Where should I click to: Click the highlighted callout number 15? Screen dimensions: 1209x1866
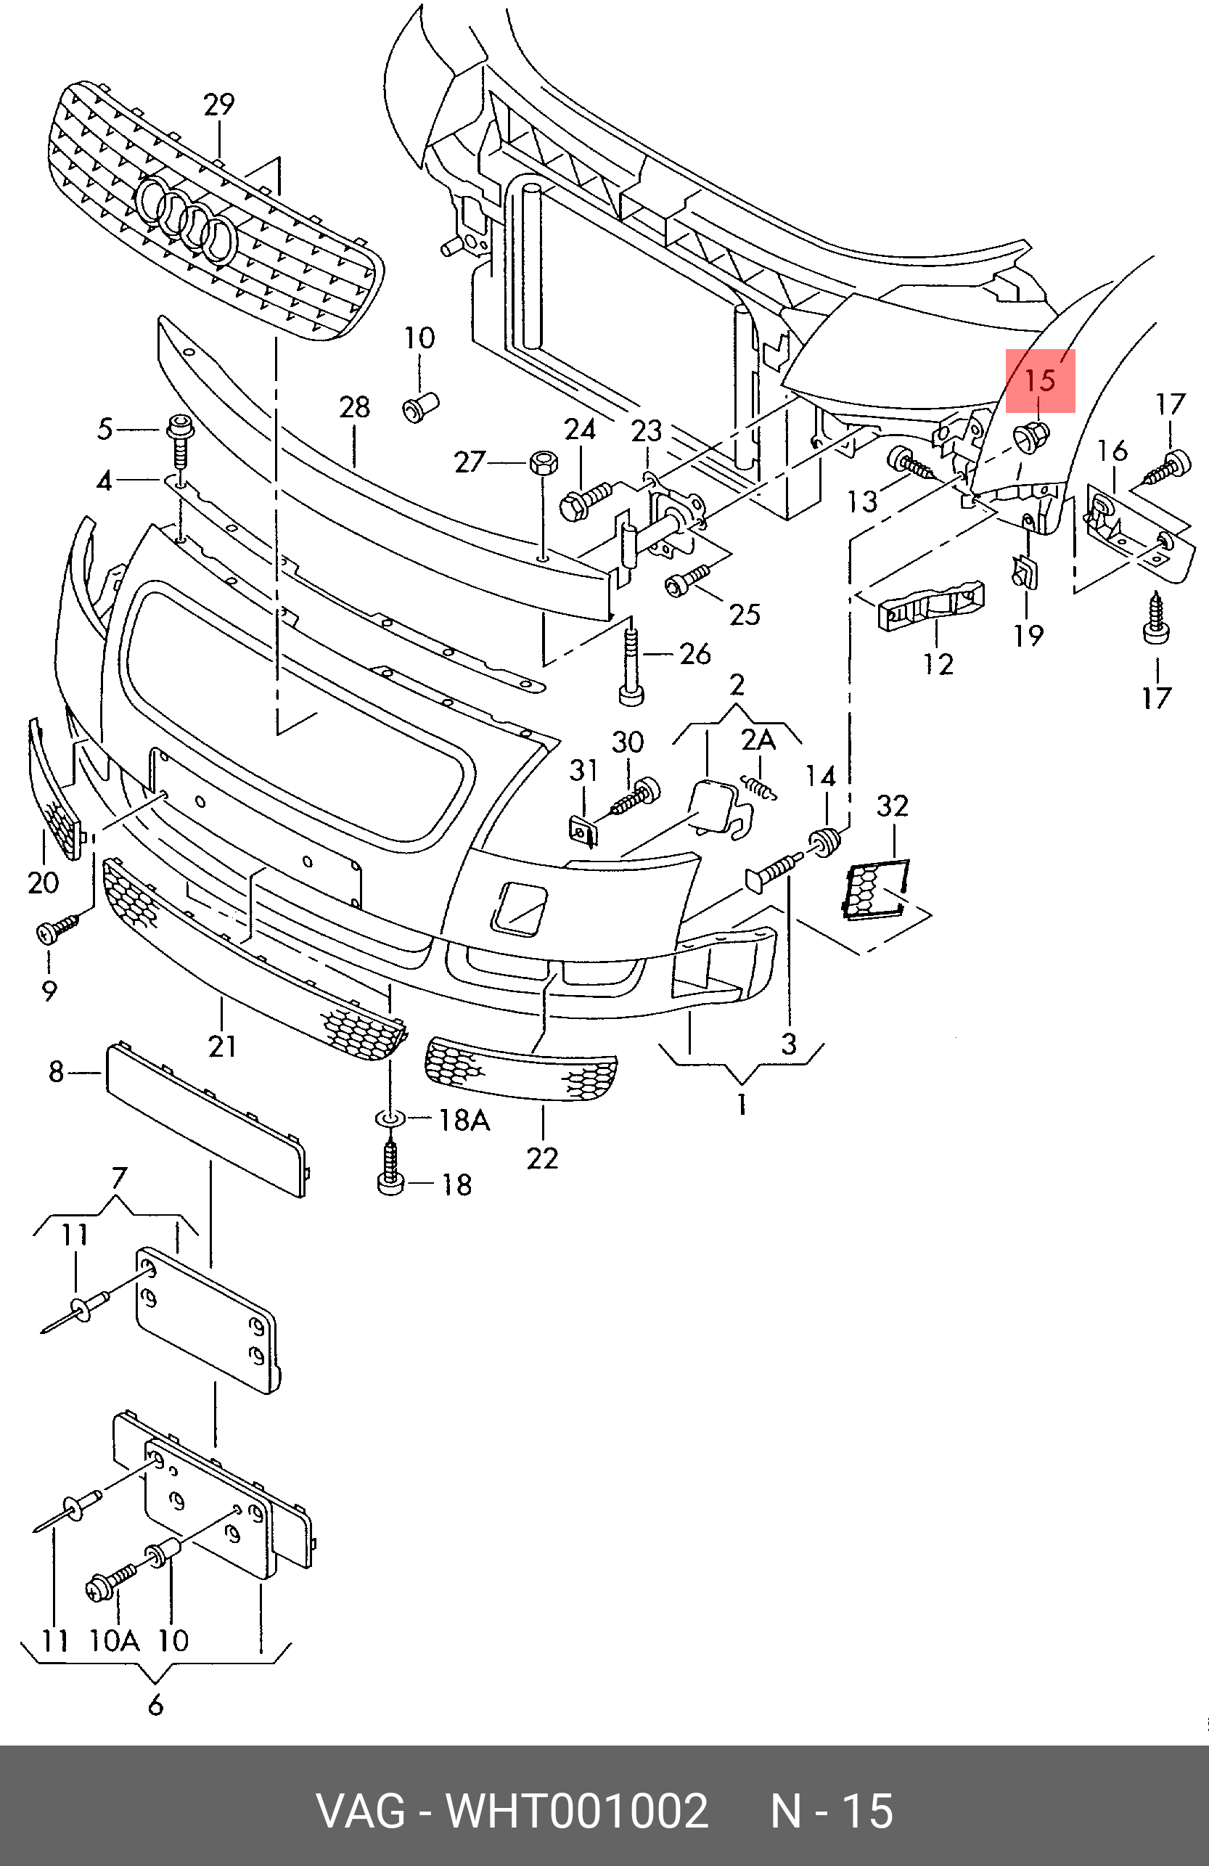(1041, 381)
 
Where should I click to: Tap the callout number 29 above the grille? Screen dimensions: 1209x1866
(218, 105)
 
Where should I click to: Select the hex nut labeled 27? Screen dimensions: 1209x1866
(544, 462)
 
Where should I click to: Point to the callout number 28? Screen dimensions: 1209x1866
(354, 407)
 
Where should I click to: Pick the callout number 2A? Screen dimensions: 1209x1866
(758, 740)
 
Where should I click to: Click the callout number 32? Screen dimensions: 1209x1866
(893, 805)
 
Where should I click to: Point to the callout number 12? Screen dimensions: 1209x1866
(938, 664)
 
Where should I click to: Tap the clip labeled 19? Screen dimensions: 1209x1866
(1025, 572)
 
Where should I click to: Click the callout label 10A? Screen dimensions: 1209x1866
(115, 1640)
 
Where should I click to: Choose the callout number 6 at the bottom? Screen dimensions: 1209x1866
(155, 1704)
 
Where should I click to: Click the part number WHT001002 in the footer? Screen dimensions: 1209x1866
(576, 1809)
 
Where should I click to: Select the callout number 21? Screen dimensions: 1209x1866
(222, 1045)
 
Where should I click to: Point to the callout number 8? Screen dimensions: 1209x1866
(56, 1071)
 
